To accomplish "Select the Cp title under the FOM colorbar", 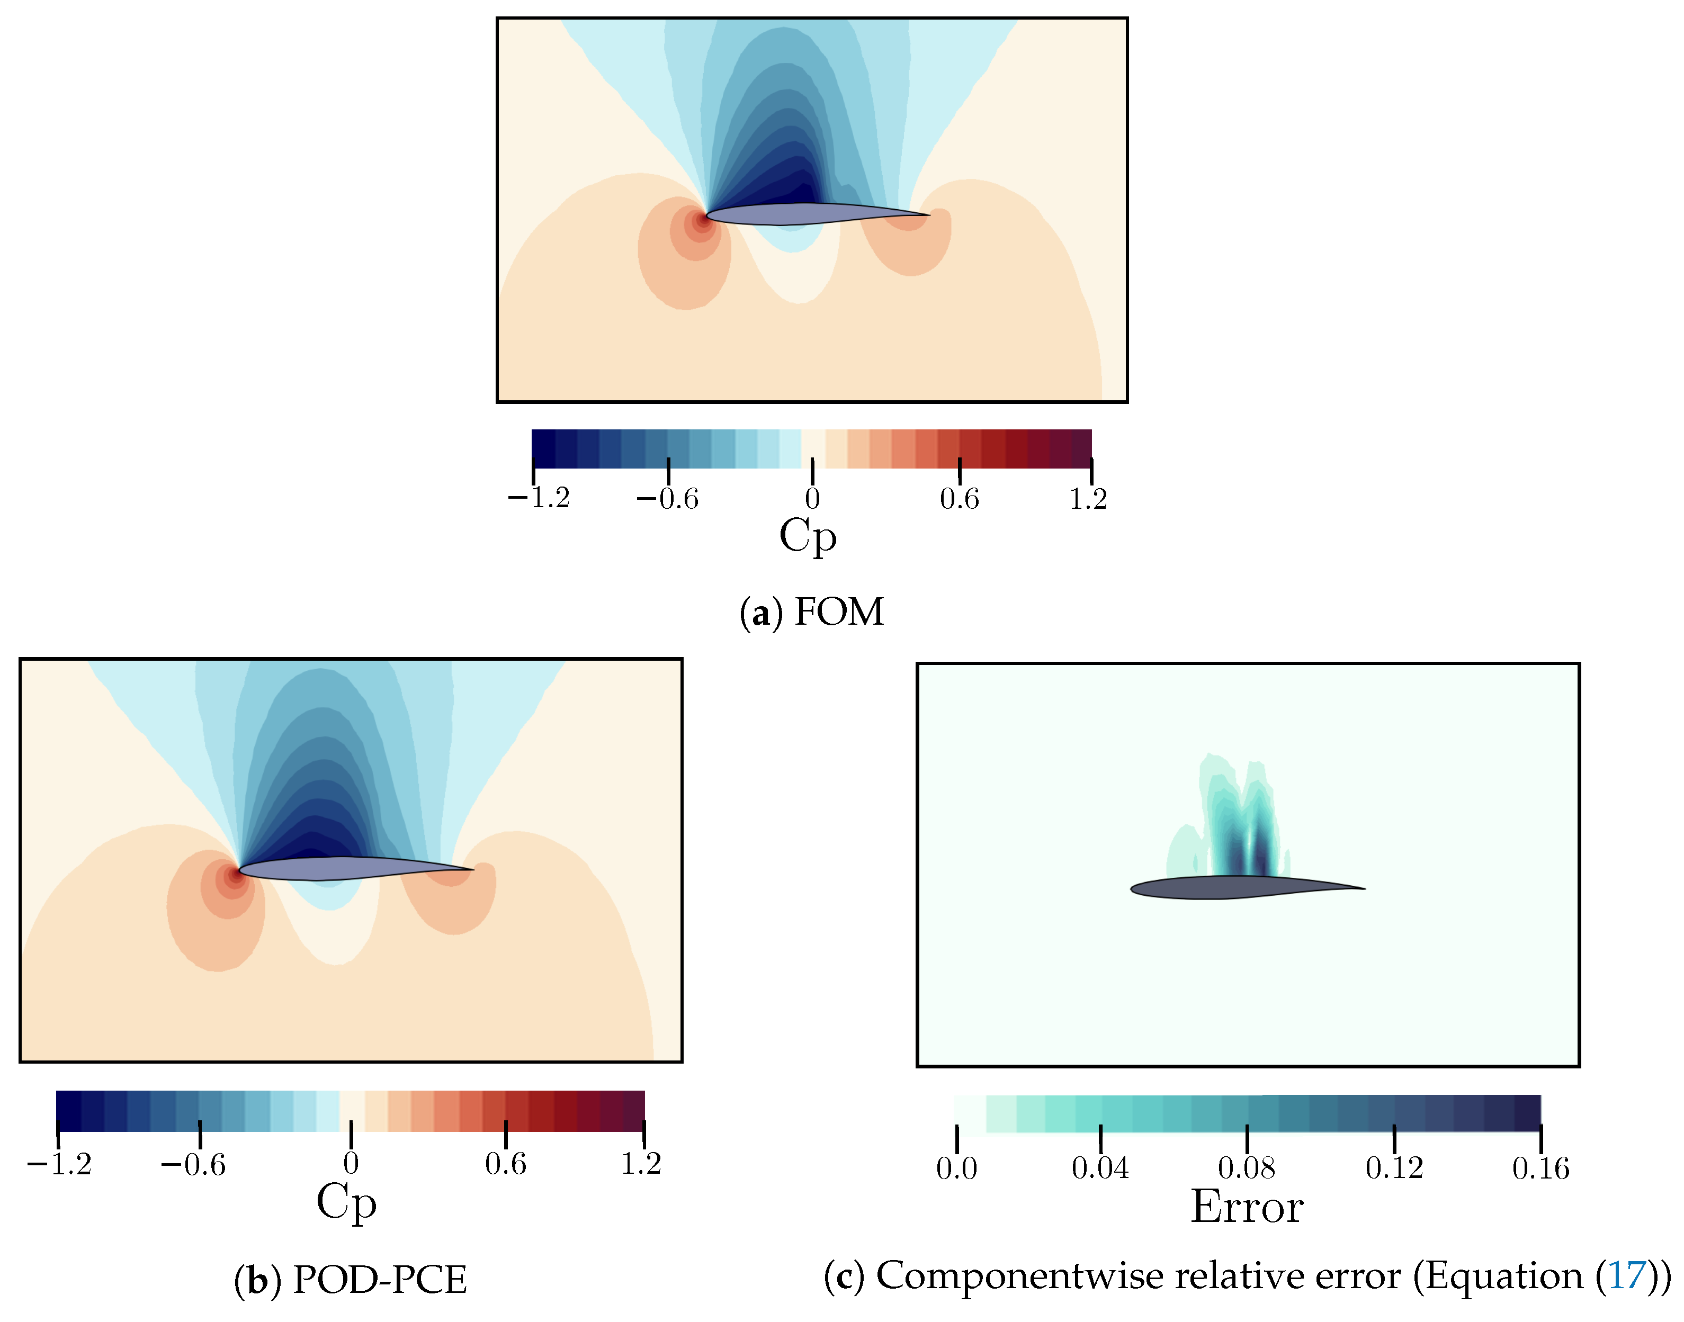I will pos(808,536).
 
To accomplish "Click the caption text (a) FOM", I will pos(811,612).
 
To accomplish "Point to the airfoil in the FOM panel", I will pos(805,214).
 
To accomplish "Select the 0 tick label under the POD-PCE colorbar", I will pos(351,1163).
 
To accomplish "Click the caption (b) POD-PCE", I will pos(351,1280).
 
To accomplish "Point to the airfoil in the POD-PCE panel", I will pos(341,868).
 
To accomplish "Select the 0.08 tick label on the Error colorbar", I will pos(1246,1168).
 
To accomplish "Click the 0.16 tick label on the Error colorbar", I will pos(1540,1168).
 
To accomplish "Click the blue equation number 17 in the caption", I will pos(1627,1275).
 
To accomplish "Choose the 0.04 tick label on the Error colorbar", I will pos(1099,1168).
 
